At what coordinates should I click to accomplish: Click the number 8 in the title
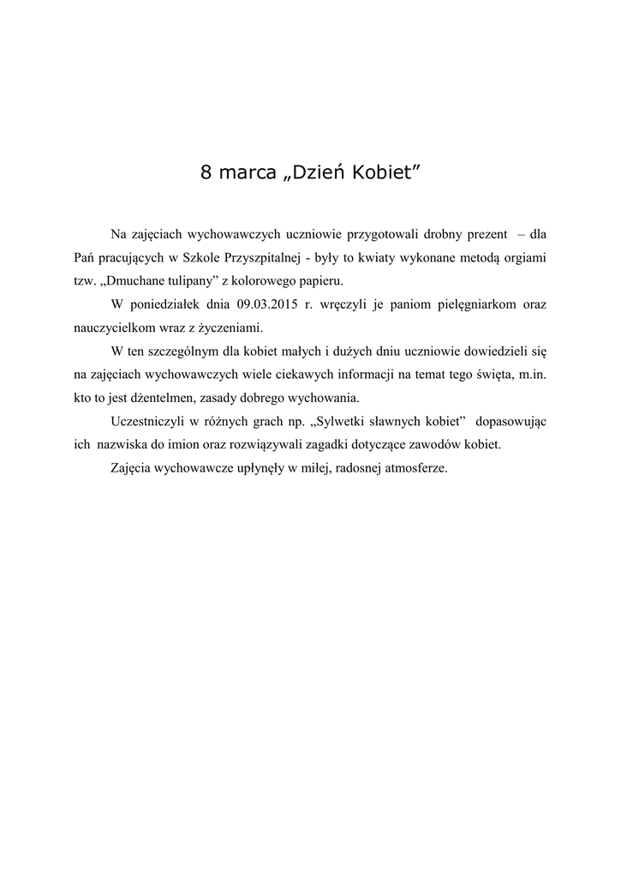[x=206, y=172]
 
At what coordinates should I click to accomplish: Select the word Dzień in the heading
[x=319, y=172]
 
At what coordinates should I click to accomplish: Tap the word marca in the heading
[x=249, y=172]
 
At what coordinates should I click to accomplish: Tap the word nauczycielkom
[x=111, y=328]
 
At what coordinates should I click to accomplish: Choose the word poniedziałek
[x=168, y=304]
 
